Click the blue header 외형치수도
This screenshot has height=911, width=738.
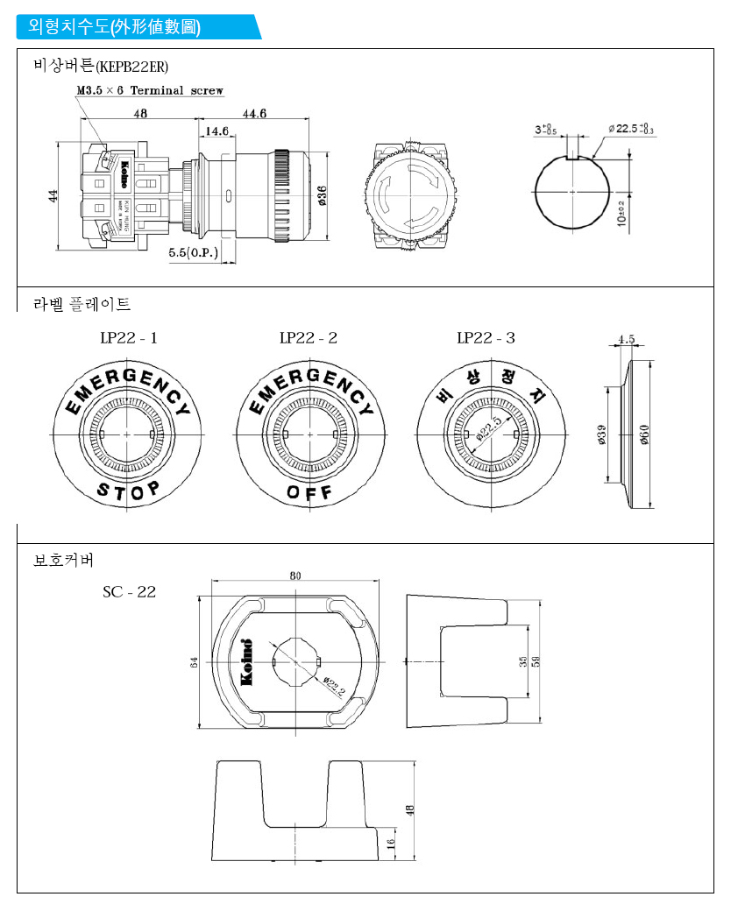tap(114, 27)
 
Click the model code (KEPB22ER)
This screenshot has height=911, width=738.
tap(132, 67)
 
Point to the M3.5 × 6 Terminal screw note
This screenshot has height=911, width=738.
tap(150, 90)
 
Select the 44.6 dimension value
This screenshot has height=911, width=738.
tap(254, 113)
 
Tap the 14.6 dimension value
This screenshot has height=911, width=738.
tap(215, 131)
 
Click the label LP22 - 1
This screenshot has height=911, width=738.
tap(128, 338)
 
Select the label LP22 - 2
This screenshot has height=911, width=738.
tap(308, 338)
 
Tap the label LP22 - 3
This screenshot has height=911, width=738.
tap(486, 338)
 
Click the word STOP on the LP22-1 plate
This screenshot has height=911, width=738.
tap(128, 491)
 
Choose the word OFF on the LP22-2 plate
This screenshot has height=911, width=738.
tap(309, 493)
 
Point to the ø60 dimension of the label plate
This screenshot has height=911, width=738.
tap(644, 434)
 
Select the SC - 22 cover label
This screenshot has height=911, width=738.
tap(129, 592)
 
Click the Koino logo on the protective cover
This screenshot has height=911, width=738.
tap(246, 661)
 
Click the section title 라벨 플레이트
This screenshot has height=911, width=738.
tap(82, 304)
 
